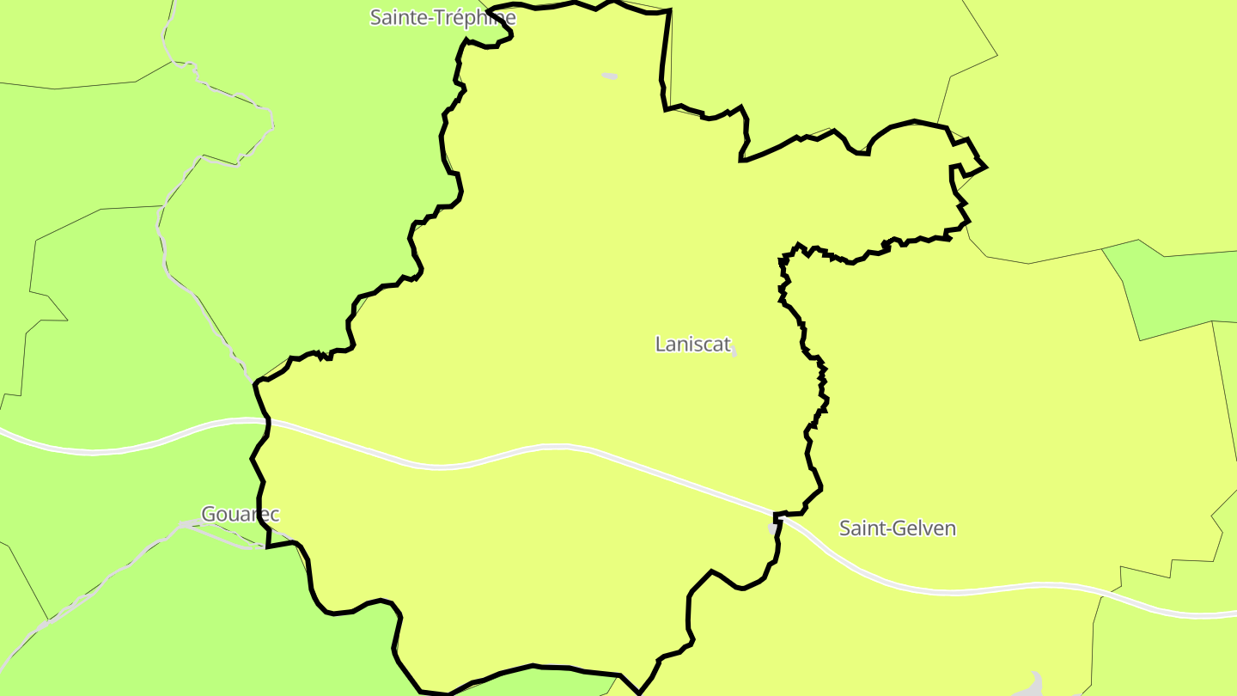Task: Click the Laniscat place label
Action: pyautogui.click(x=692, y=345)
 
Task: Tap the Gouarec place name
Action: pyautogui.click(x=240, y=515)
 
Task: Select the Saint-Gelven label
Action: pyautogui.click(x=897, y=528)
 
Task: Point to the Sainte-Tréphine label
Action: pyautogui.click(x=442, y=17)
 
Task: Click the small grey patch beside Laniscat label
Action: pyautogui.click(x=733, y=352)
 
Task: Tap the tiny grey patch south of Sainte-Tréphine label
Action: pyautogui.click(x=609, y=76)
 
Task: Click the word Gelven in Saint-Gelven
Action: pyautogui.click(x=927, y=528)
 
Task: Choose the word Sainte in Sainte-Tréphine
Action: pyautogui.click(x=395, y=17)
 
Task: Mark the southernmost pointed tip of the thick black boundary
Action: pyautogui.click(x=637, y=693)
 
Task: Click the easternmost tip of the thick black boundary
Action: pyautogui.click(x=985, y=167)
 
